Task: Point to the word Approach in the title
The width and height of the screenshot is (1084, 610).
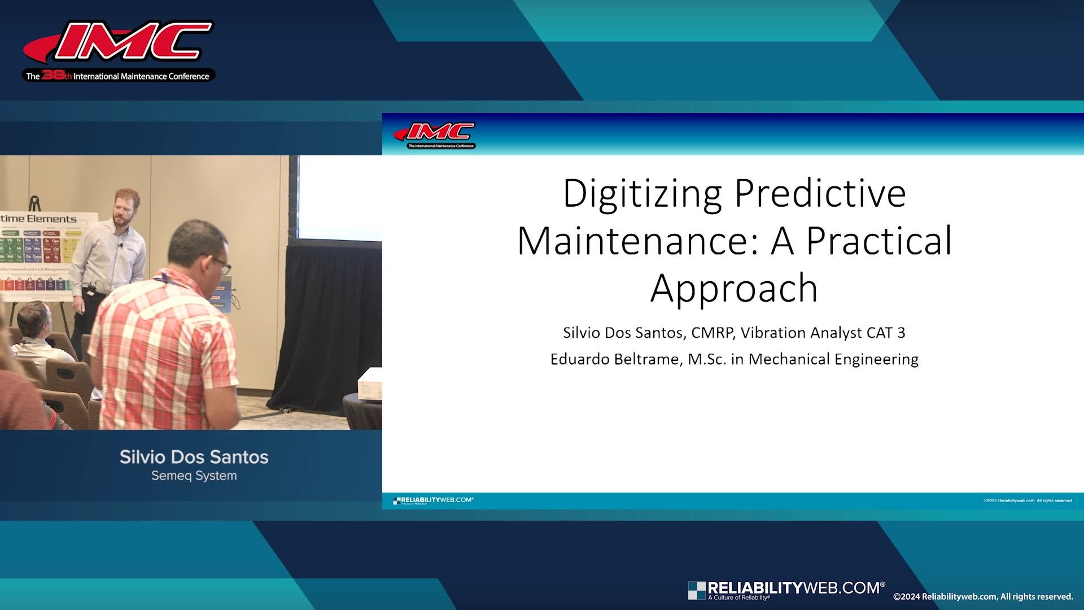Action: pos(734,289)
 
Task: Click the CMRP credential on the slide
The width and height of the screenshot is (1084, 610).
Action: pos(712,333)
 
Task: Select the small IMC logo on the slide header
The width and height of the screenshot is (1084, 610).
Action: pos(435,136)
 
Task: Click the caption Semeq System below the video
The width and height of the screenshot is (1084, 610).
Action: pos(194,476)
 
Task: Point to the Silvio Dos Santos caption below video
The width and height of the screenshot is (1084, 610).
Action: pos(194,457)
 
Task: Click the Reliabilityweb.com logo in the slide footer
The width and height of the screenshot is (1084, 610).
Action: pos(433,500)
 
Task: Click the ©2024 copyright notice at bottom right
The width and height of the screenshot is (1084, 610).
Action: pos(982,596)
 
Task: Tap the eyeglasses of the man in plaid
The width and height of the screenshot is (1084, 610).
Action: pos(221,265)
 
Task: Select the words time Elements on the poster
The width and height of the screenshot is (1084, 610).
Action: pos(38,219)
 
